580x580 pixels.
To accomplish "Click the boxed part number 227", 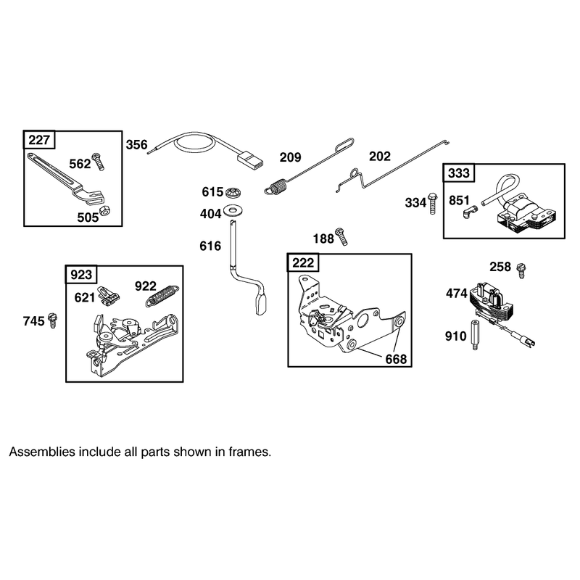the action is pyautogui.click(x=39, y=140).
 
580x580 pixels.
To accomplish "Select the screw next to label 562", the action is pyautogui.click(x=98, y=162).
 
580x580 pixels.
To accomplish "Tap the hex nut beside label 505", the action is pyautogui.click(x=105, y=210).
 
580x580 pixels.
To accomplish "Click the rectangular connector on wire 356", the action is pyautogui.click(x=250, y=159).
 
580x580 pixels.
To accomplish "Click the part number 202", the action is pyautogui.click(x=379, y=157).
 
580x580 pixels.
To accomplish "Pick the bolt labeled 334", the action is pyautogui.click(x=432, y=204).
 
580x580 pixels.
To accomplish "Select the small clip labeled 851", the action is pyautogui.click(x=469, y=212).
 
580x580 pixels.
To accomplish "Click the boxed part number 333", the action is pyautogui.click(x=459, y=173).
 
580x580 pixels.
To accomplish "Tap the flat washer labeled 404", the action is pyautogui.click(x=233, y=210).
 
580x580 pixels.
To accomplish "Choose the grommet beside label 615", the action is pyautogui.click(x=233, y=192).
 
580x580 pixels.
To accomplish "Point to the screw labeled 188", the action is pyautogui.click(x=341, y=236).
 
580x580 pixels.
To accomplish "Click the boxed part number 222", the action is pyautogui.click(x=303, y=263).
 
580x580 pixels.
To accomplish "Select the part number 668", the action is pyautogui.click(x=396, y=359).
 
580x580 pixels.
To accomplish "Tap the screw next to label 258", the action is pyautogui.click(x=521, y=270).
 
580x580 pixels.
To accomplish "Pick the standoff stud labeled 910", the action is pyautogui.click(x=475, y=336).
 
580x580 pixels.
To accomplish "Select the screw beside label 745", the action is pyautogui.click(x=53, y=320).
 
